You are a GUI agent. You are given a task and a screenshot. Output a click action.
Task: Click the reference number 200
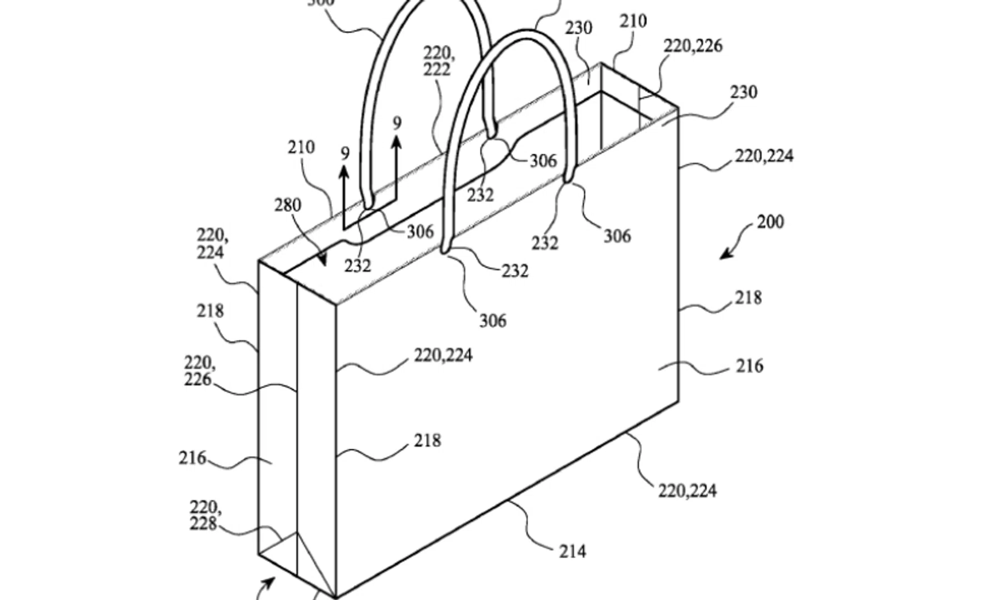click(770, 222)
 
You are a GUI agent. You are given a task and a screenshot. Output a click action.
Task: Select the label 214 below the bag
click(572, 552)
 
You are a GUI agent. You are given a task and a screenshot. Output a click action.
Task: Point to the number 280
click(288, 206)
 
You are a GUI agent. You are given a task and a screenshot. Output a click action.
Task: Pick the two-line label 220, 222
click(439, 61)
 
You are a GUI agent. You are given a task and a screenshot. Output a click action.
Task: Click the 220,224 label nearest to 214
click(687, 491)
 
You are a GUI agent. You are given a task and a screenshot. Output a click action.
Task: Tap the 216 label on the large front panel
click(749, 366)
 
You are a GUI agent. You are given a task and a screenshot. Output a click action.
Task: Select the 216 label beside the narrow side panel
click(192, 458)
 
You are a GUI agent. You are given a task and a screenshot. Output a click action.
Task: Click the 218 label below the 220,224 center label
click(427, 441)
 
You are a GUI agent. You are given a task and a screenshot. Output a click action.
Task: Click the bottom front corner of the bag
click(336, 596)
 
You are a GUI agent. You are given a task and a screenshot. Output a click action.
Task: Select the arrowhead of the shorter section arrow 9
click(344, 171)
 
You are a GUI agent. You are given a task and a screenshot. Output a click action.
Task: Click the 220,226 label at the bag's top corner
click(693, 46)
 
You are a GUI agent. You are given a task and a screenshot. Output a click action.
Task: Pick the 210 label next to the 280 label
click(301, 148)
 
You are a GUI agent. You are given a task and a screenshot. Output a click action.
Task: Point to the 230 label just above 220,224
click(744, 92)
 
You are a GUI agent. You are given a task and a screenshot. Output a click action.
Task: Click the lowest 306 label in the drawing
click(493, 321)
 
